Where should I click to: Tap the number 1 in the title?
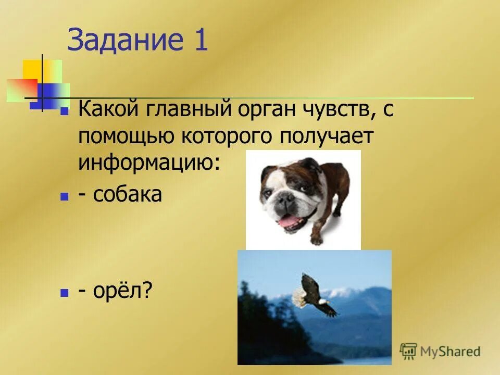click(201, 41)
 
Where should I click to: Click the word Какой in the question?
click(107, 111)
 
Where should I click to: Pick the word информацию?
click(149, 163)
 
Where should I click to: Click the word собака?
click(128, 194)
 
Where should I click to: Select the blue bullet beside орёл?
click(65, 293)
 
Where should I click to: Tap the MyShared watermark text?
click(451, 352)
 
